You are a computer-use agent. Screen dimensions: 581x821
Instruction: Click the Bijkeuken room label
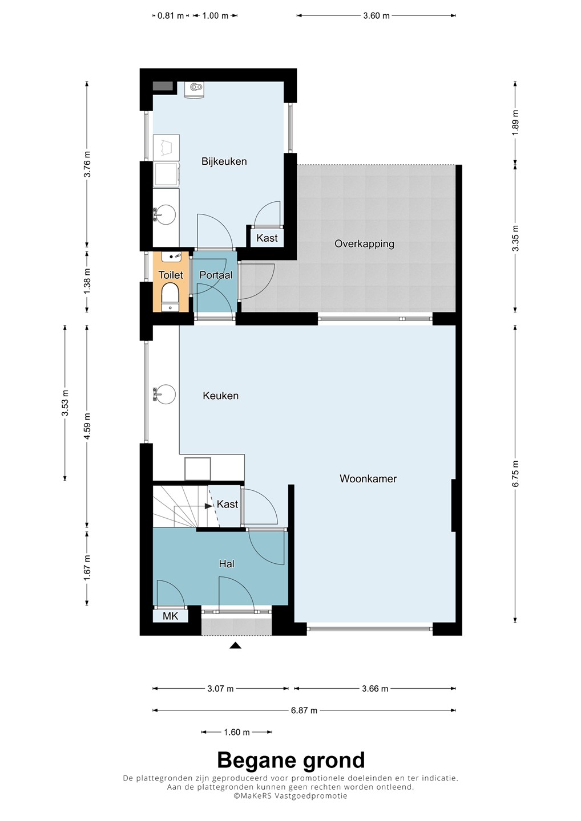[224, 161]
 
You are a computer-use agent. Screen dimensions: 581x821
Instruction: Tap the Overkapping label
[364, 244]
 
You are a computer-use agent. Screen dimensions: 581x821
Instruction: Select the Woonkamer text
[368, 479]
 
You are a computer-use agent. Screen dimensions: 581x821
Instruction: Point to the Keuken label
[220, 396]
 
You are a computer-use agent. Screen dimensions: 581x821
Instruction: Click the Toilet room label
[171, 275]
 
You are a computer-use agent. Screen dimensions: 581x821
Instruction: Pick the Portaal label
[216, 275]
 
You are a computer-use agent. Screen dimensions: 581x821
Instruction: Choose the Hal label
[227, 564]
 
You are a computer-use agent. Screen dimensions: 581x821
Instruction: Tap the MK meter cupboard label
[170, 616]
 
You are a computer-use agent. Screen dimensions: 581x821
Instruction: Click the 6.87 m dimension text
[304, 710]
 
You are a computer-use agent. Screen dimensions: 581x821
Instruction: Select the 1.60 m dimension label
[237, 732]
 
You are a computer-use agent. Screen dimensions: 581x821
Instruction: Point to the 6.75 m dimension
[516, 474]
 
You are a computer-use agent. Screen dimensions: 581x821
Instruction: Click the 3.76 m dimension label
[87, 164]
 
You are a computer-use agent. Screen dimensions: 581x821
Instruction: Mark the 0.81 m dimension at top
[171, 16]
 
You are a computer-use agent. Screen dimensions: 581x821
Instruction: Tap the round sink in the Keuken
[165, 395]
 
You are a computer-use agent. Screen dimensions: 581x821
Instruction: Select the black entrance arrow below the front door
[236, 645]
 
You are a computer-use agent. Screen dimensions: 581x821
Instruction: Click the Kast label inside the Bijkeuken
[267, 238]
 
